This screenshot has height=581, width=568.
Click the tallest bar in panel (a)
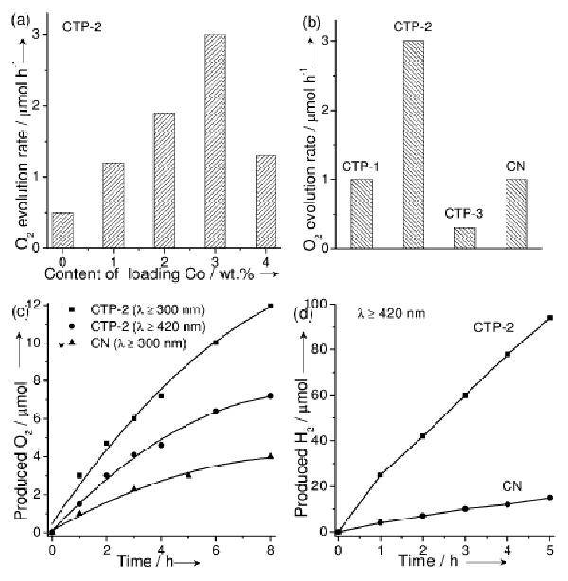214,141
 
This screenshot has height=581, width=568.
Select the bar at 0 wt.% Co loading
62,230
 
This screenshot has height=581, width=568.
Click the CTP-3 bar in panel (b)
465,238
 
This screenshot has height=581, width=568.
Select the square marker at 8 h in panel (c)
271,306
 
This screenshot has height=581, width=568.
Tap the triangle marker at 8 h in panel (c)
271,456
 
